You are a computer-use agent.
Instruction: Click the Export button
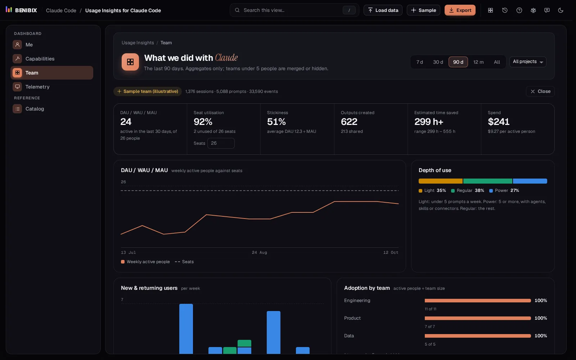pos(460,10)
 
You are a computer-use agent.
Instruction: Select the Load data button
pos(383,10)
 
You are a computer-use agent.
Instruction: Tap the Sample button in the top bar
pos(423,10)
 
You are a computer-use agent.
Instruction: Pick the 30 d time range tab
pos(438,62)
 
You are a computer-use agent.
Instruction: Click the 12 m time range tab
pos(478,62)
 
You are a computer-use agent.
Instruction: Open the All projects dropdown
pos(528,62)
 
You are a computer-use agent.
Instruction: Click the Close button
pos(540,91)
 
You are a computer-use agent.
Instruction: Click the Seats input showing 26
pos(221,143)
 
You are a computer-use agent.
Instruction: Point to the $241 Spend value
pos(498,122)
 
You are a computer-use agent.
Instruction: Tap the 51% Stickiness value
pos(276,122)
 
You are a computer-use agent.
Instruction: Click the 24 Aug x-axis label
pos(260,252)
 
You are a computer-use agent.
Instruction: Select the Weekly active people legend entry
pos(145,262)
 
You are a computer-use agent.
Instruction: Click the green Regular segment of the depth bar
pos(487,181)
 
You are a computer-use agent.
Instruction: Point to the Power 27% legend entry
pos(504,190)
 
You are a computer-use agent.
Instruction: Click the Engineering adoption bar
pos(477,301)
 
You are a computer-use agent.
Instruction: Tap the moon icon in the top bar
pos(561,10)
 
